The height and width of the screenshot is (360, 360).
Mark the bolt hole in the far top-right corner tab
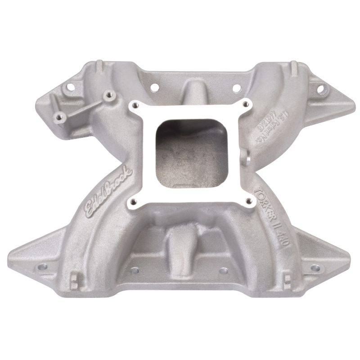(x=320, y=89)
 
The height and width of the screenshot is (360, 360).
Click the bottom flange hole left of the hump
(x=134, y=271)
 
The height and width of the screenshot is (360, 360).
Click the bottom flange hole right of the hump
(x=224, y=271)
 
